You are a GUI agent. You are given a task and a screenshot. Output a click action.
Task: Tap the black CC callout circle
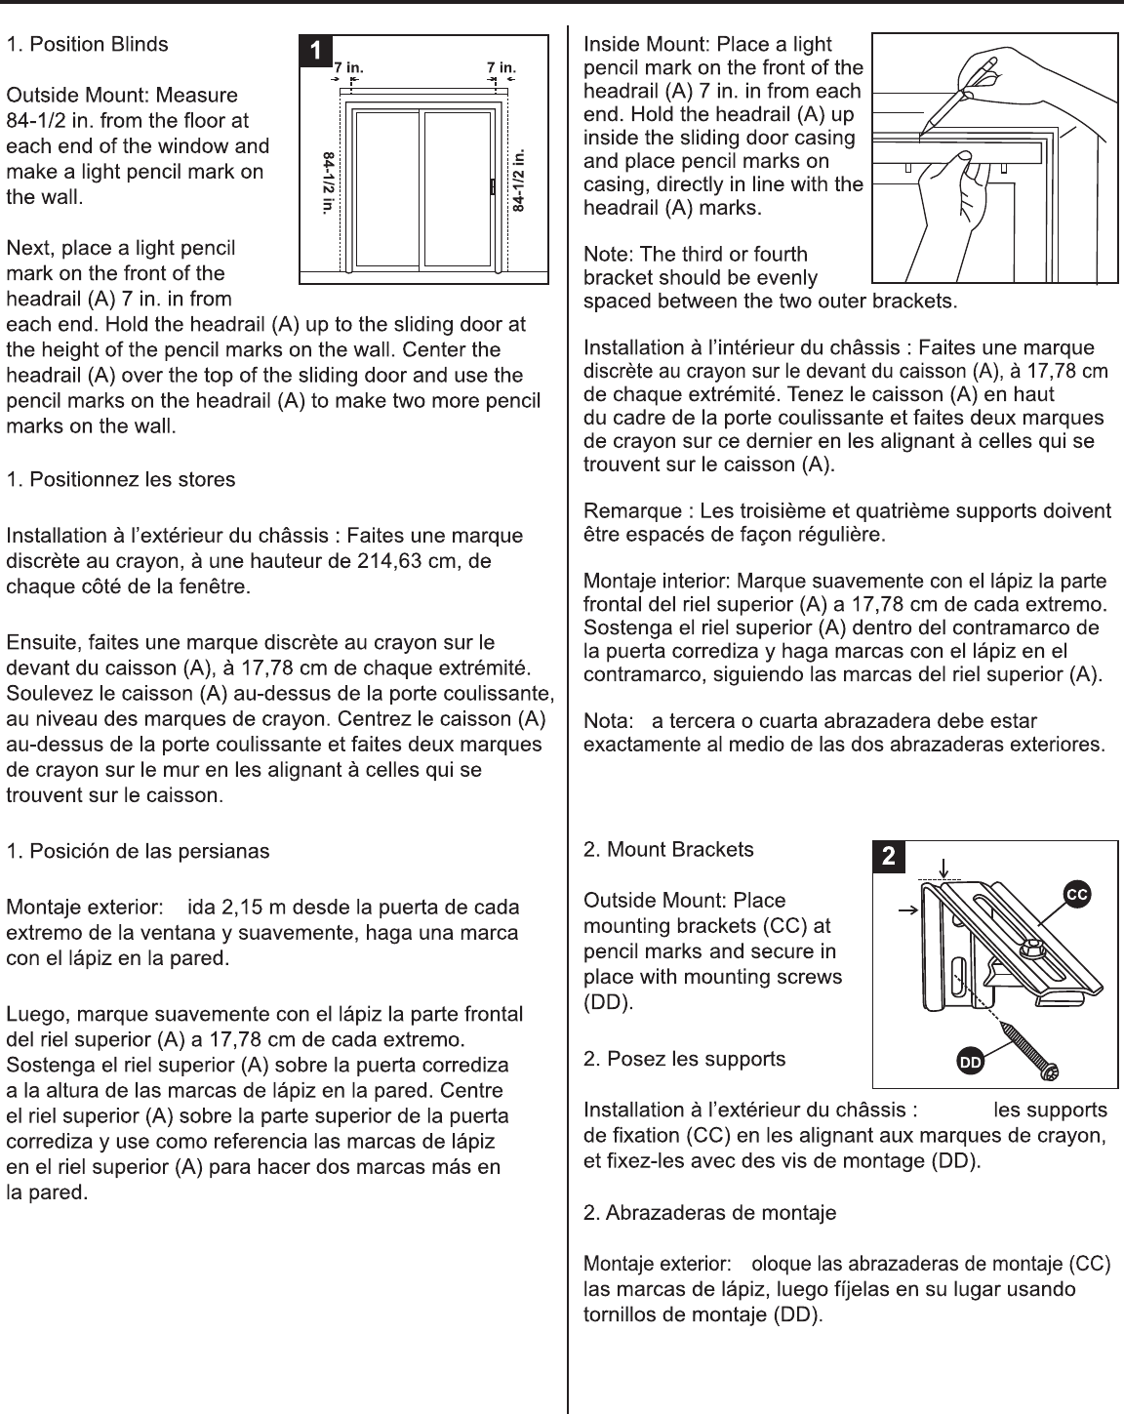[x=1076, y=893]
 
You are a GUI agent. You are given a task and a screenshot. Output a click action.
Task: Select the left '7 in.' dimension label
[x=348, y=67]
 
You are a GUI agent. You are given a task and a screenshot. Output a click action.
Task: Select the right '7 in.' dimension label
[x=502, y=67]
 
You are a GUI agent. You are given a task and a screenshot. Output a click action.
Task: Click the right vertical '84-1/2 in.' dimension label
[x=519, y=181]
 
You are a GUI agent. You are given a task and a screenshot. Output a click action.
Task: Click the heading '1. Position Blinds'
[x=88, y=44]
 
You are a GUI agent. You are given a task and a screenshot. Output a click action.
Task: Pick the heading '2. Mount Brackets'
[x=668, y=849]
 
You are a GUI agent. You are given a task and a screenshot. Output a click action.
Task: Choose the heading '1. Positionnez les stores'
[x=121, y=479]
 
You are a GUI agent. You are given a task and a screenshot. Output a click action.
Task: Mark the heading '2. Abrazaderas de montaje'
[x=709, y=1213]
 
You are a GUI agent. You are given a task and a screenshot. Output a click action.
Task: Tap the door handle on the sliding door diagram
[x=493, y=186]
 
